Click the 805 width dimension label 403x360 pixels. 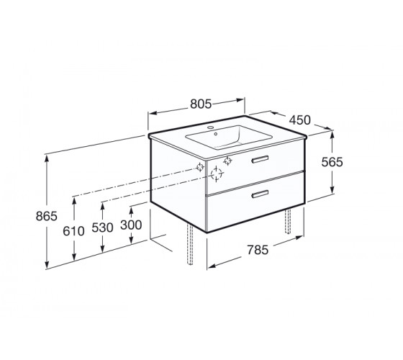pyautogui.click(x=201, y=104)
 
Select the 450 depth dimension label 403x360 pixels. pyautogui.click(x=299, y=120)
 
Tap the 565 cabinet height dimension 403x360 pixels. pyautogui.click(x=332, y=162)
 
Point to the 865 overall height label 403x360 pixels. pyautogui.click(x=47, y=216)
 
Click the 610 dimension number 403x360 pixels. pyautogui.click(x=73, y=231)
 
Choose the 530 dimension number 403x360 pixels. pyautogui.click(x=102, y=228)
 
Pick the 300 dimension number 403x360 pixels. pyautogui.click(x=131, y=225)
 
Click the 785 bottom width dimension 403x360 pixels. pyautogui.click(x=258, y=250)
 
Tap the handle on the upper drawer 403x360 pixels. pyautogui.click(x=260, y=159)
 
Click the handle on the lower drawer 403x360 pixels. pyautogui.click(x=260, y=194)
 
